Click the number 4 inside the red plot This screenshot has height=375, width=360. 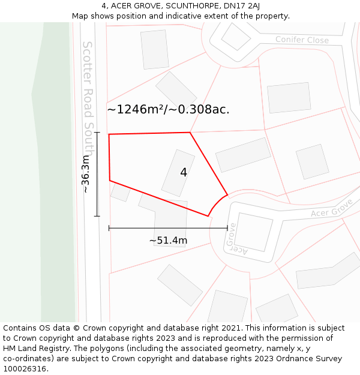pos(184,172)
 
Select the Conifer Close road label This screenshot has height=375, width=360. pos(302,40)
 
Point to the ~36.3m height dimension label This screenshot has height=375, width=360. pos(86,174)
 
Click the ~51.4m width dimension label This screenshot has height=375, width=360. pos(168,241)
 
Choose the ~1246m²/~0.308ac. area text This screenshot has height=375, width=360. pos(168,109)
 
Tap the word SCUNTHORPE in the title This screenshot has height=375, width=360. pos(192,6)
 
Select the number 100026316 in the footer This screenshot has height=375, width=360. pos(25,369)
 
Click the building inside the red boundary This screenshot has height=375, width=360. pos(178,173)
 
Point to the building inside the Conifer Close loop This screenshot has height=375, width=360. pos(235,37)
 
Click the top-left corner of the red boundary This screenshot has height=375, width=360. pos(109,134)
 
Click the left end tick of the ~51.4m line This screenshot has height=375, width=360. pos(109,228)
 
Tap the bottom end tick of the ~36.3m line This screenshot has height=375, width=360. pos(97,216)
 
